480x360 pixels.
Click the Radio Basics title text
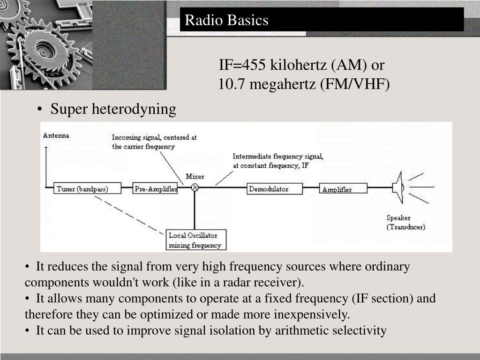coord(226,20)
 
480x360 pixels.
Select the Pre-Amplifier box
coord(155,189)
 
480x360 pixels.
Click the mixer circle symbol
coord(195,187)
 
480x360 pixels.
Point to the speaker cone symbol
coord(398,187)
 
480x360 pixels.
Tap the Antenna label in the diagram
coord(56,135)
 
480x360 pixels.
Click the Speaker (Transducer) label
coord(406,222)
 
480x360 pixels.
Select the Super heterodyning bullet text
coord(113,109)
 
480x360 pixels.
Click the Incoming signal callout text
coord(154,142)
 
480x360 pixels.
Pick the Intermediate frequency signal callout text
coord(278,161)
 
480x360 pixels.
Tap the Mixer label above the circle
coord(195,177)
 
